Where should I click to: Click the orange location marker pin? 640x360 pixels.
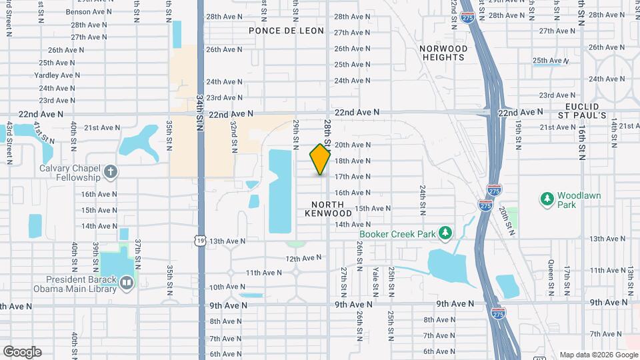(321, 159)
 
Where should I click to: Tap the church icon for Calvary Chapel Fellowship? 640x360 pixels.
(111, 173)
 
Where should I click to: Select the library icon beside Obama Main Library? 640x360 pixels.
(127, 284)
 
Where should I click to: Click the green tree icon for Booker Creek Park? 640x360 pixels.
(445, 233)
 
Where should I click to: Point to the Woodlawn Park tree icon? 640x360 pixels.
(547, 198)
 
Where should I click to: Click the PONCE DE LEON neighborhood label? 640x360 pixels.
(286, 31)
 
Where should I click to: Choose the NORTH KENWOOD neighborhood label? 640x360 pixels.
(328, 209)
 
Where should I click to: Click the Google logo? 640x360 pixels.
(22, 352)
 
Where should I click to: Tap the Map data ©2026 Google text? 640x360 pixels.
(597, 355)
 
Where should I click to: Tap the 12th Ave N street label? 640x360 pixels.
(303, 258)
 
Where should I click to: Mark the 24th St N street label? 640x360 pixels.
(423, 200)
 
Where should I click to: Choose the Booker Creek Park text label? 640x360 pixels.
(397, 234)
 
